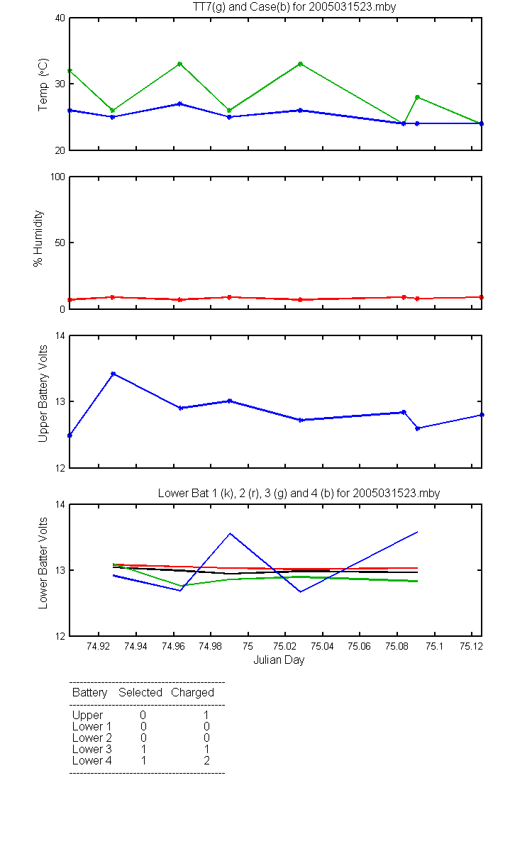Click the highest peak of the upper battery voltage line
[x=113, y=374]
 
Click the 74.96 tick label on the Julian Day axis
[x=173, y=646]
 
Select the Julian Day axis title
[x=279, y=660]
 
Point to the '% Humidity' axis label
[x=38, y=238]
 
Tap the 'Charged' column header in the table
[x=192, y=693]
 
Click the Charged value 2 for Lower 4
[x=206, y=760]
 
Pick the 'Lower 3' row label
[x=92, y=749]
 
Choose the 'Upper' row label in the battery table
[x=87, y=716]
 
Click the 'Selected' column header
[x=140, y=692]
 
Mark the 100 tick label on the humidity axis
[x=58, y=177]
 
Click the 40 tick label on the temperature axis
[x=60, y=18]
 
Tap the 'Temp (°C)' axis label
[x=43, y=84]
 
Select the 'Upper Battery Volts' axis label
[x=43, y=394]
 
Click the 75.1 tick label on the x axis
[x=434, y=646]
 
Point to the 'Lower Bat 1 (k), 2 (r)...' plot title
[x=299, y=493]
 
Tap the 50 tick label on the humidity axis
[x=60, y=243]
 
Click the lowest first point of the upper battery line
[x=70, y=435]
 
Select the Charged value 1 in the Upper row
[x=206, y=715]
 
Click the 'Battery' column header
[x=89, y=693]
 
